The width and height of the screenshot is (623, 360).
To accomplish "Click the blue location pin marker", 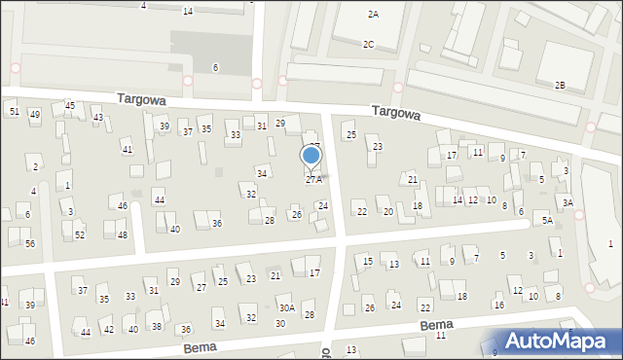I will [x=311, y=156].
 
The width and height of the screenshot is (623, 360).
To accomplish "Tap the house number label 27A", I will [x=313, y=179].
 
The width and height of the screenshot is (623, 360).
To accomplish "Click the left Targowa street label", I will [x=141, y=99].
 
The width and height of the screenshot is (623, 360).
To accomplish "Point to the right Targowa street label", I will [x=396, y=114].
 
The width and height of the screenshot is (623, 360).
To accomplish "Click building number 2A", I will [x=373, y=15].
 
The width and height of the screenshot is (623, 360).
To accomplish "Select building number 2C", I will [x=368, y=44].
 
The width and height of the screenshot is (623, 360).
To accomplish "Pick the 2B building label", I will [x=560, y=85].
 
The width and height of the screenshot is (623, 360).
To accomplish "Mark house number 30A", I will [x=286, y=307].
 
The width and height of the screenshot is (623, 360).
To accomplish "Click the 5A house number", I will [x=548, y=221].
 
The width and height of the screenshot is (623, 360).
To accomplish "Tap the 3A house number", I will [x=567, y=202].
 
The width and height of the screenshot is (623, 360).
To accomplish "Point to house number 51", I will [x=14, y=112].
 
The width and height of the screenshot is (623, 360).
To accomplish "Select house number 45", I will [x=69, y=105].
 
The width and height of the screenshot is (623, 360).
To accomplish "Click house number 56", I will [x=30, y=243].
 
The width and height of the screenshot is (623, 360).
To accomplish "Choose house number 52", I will [x=80, y=234].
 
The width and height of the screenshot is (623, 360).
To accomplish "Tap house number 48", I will [x=122, y=234].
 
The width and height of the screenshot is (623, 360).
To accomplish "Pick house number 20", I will [x=387, y=211].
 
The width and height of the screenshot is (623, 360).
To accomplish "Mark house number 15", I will [x=367, y=261].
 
